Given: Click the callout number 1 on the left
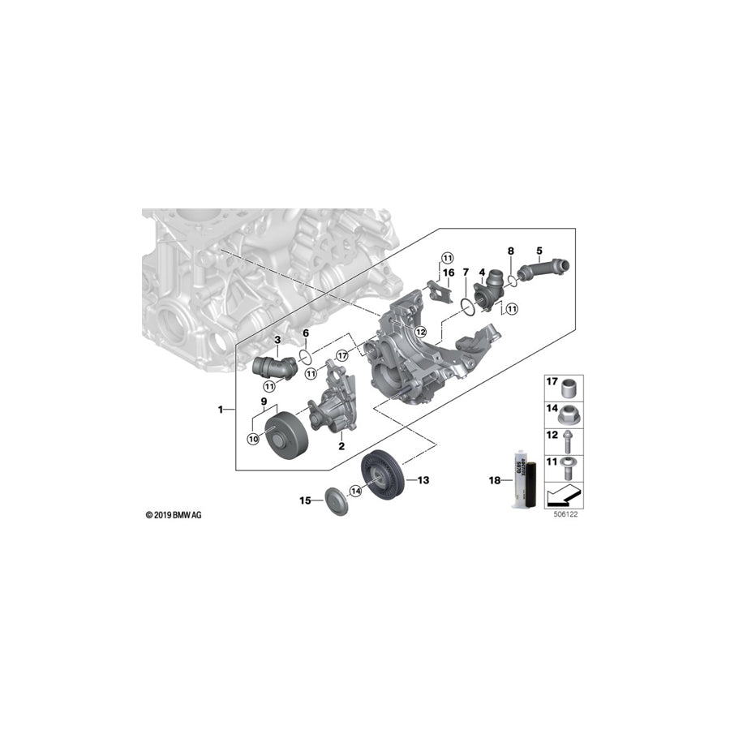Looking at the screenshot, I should pyautogui.click(x=220, y=410).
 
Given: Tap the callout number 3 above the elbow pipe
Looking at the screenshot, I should pyautogui.click(x=277, y=339).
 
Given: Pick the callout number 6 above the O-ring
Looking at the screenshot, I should pyautogui.click(x=305, y=333).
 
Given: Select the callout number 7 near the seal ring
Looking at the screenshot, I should pyautogui.click(x=466, y=273).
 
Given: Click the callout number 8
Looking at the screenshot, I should pyautogui.click(x=510, y=252).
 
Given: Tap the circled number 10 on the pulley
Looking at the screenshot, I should pyautogui.click(x=252, y=439).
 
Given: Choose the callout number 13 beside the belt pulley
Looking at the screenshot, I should pyautogui.click(x=423, y=480).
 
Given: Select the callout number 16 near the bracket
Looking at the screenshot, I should pyautogui.click(x=448, y=273).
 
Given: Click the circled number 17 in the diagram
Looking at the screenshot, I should pyautogui.click(x=341, y=354).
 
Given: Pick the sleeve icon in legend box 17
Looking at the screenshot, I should pyautogui.click(x=572, y=384).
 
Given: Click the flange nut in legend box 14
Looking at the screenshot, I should pyautogui.click(x=572, y=412).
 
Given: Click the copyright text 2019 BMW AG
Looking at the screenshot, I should pyautogui.click(x=173, y=515).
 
